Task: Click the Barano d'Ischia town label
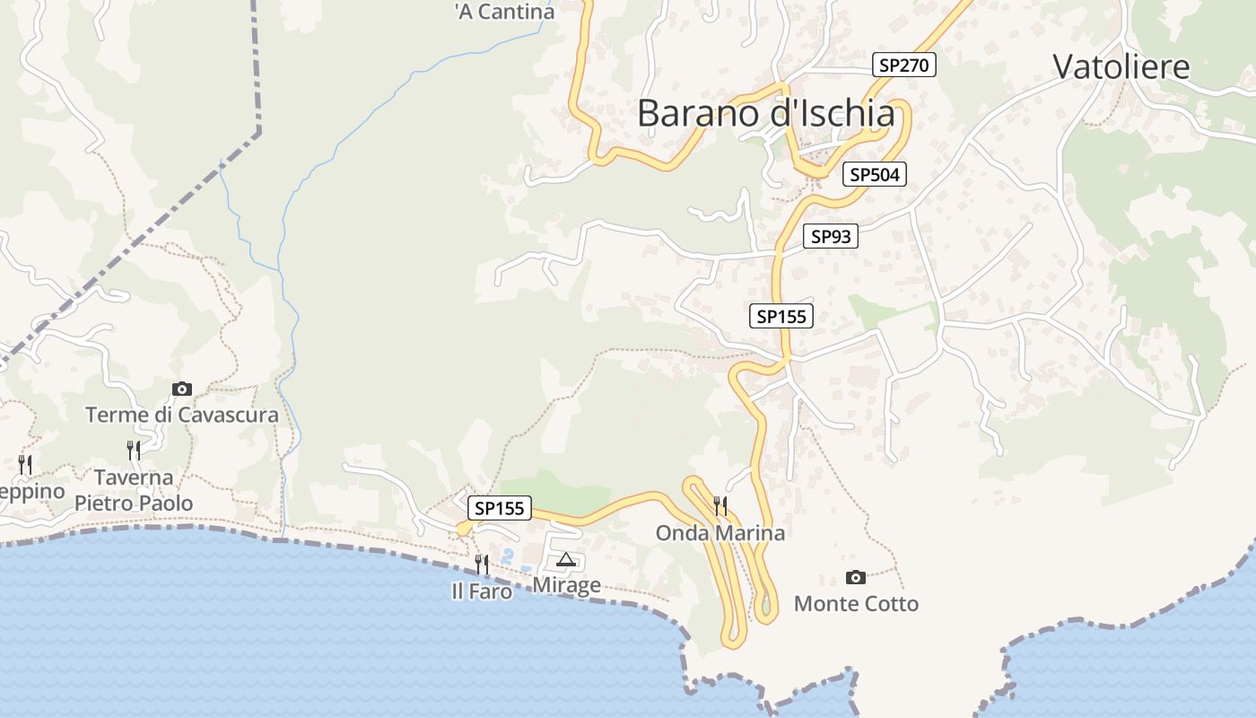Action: pos(765,114)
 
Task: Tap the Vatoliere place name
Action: pos(1121,67)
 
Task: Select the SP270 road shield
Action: pos(904,65)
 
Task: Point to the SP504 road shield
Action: pos(874,174)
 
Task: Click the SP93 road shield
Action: pos(830,236)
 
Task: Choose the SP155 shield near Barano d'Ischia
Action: pos(781,316)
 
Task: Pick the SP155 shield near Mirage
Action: pos(499,508)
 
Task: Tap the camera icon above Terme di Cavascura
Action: pos(182,389)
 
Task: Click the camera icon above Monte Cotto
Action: pos(856,577)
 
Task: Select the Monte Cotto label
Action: pos(856,603)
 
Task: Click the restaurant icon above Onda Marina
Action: pos(720,506)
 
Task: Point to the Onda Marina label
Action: pos(720,533)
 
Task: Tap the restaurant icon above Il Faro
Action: pos(482,565)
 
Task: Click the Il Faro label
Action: pos(482,591)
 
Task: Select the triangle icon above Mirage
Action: pos(565,561)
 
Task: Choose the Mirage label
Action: pos(566,585)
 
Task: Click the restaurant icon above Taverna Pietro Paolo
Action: pos(134,450)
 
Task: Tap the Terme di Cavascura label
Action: pos(182,416)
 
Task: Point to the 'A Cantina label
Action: pos(504,12)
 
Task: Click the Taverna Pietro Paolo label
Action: pos(134,490)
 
